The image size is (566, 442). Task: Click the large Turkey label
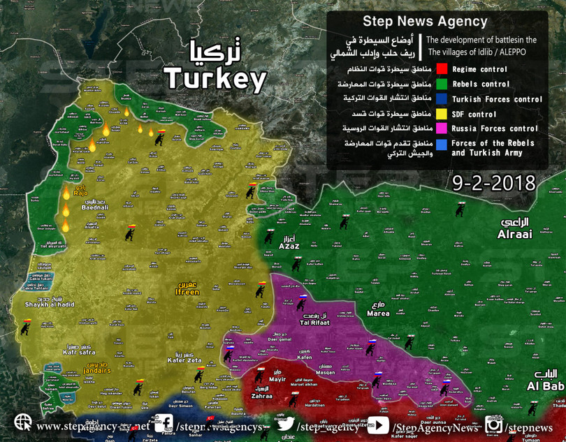point(215,79)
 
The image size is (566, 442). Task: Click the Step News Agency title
point(425,21)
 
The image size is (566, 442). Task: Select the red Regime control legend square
point(442,69)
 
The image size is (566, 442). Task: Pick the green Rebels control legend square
point(442,84)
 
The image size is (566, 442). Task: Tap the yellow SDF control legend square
point(442,114)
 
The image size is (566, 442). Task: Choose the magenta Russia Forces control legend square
point(442,128)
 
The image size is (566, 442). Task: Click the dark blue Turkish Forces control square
point(442,99)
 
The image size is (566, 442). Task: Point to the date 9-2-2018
point(493,183)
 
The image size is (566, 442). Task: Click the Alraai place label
point(514,235)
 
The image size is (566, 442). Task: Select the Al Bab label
point(545,386)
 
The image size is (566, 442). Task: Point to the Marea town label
point(377,314)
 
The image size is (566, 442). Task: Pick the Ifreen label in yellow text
point(187,292)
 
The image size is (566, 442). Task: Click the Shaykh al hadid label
point(50,304)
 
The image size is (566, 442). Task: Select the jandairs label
point(95,370)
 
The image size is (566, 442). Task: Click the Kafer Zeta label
point(184,360)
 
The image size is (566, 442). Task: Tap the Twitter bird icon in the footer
point(285,424)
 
